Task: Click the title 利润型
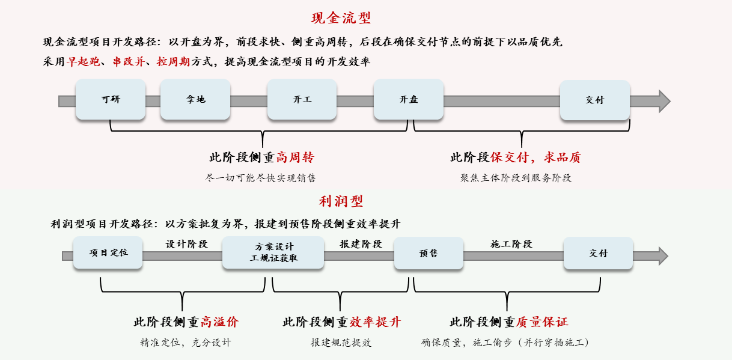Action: [341, 201]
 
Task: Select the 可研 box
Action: [111, 100]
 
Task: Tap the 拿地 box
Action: [195, 100]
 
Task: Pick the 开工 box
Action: [302, 100]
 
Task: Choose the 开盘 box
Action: [409, 100]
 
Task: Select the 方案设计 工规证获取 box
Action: [273, 253]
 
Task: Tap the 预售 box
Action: [429, 253]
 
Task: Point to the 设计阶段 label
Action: [186, 244]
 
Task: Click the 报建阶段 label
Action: [361, 244]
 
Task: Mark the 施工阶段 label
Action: [511, 244]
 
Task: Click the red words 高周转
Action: [294, 158]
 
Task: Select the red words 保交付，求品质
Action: [535, 158]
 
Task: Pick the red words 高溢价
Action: [219, 322]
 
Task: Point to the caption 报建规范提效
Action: [341, 343]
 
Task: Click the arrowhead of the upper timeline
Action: [663, 101]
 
